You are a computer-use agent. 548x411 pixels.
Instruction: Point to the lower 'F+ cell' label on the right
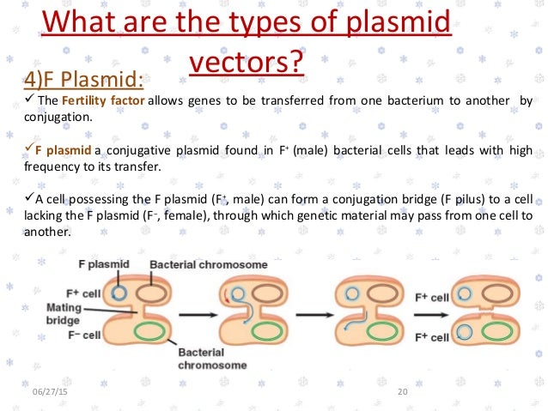(432, 337)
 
